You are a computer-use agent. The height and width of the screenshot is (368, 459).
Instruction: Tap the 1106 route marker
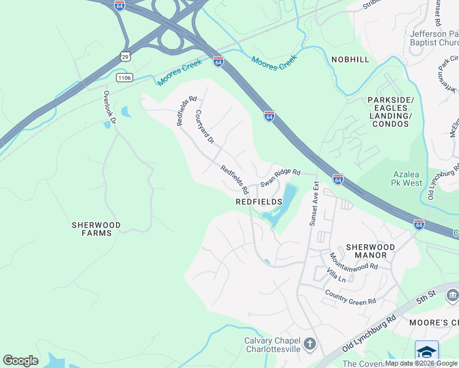[x=125, y=77]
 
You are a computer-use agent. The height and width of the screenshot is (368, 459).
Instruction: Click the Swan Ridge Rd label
[x=280, y=178]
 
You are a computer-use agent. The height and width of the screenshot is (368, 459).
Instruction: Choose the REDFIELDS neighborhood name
[x=258, y=201]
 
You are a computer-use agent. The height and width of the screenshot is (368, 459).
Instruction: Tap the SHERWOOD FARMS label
[x=95, y=229]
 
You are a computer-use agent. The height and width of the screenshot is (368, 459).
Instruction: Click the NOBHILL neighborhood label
[x=350, y=59]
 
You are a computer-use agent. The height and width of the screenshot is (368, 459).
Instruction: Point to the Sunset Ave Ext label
[x=314, y=204]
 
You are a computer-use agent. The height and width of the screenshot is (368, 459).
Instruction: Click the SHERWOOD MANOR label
[x=366, y=250]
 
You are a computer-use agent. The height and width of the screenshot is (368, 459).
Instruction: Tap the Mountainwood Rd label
[x=353, y=262]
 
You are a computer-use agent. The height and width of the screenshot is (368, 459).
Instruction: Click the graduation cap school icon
[x=426, y=351]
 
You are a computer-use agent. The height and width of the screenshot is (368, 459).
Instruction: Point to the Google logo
[x=20, y=361]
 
